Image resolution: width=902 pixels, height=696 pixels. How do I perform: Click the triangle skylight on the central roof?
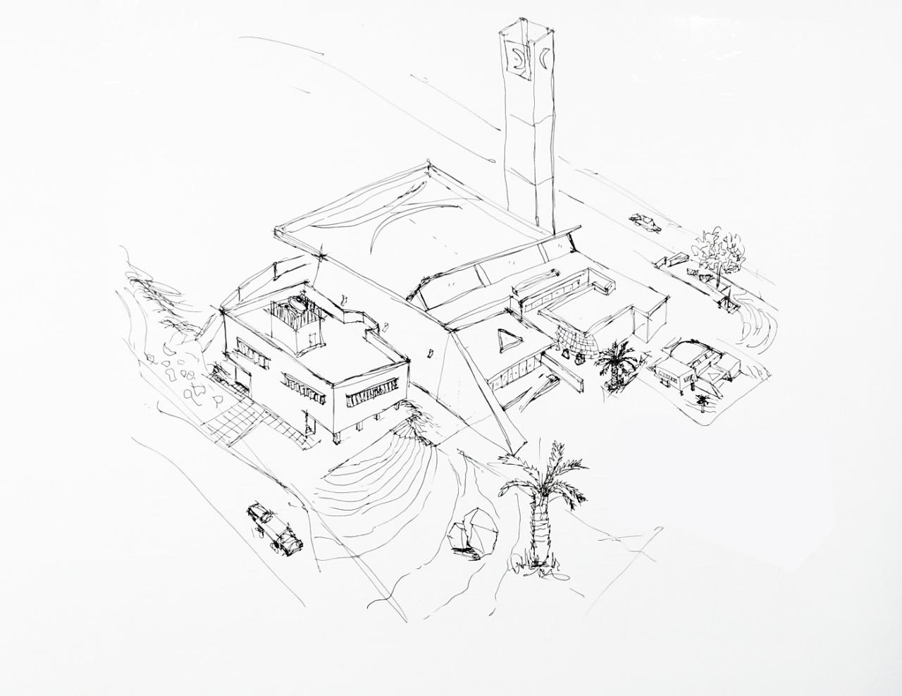tap(505, 342)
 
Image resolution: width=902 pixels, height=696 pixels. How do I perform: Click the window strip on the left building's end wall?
tap(373, 398)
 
